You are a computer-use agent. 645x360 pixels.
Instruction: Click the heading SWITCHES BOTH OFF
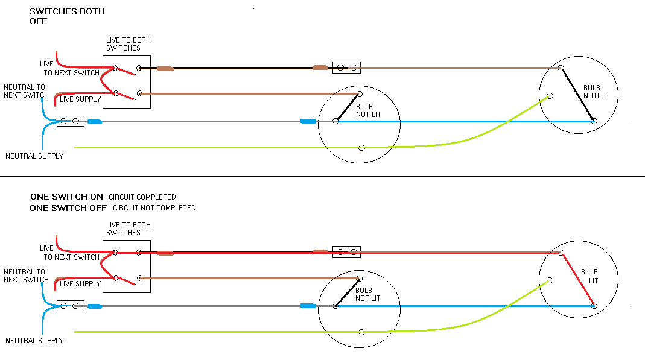pos(66,16)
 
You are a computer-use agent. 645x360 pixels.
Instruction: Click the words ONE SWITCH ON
pos(67,197)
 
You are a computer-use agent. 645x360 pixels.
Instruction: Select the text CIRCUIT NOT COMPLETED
pos(153,208)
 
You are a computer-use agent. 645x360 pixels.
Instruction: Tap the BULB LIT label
pos(589,276)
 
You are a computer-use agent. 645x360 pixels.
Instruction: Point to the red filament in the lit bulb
pos(577,279)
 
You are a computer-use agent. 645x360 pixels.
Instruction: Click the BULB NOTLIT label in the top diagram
pos(592,92)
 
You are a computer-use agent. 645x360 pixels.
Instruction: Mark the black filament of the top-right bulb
pos(577,95)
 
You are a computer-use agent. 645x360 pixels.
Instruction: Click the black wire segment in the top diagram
pos(241,68)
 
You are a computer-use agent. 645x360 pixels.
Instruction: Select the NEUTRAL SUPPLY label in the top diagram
pos(34,156)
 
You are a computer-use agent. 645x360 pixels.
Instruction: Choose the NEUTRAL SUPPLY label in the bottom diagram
pos(34,341)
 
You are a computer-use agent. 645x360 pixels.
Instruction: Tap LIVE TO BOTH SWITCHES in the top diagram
pos(128,44)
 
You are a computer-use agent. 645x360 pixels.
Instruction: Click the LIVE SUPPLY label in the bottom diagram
pos(80,284)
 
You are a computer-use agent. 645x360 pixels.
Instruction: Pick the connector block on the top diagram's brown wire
pos(346,68)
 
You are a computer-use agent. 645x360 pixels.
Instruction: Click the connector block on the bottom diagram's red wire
pos(346,252)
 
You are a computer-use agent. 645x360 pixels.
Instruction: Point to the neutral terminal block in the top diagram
pos(70,121)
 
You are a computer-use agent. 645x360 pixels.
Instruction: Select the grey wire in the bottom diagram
pos(199,306)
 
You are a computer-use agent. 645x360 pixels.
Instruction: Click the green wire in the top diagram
pos(211,147)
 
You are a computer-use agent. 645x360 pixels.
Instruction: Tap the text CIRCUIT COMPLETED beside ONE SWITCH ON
pos(142,197)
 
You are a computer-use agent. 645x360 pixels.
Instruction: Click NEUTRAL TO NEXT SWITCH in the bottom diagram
pos(25,276)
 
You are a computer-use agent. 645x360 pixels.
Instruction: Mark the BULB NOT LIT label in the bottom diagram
pos(368,295)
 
